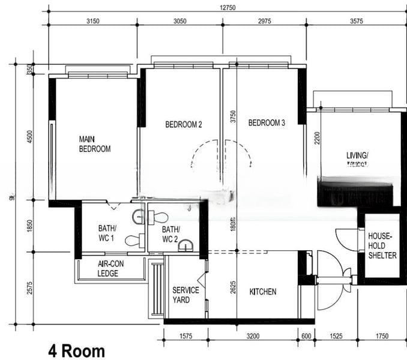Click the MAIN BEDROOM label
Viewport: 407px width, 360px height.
click(x=95, y=144)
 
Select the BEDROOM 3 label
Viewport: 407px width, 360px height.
click(x=267, y=123)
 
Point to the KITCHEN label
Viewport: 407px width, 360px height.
click(x=262, y=292)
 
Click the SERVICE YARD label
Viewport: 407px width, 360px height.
click(x=185, y=295)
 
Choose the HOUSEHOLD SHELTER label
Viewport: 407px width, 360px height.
click(x=382, y=246)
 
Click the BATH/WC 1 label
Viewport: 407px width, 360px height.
click(x=107, y=232)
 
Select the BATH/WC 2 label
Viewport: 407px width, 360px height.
click(x=170, y=233)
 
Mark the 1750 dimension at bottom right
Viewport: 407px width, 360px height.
click(x=382, y=336)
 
